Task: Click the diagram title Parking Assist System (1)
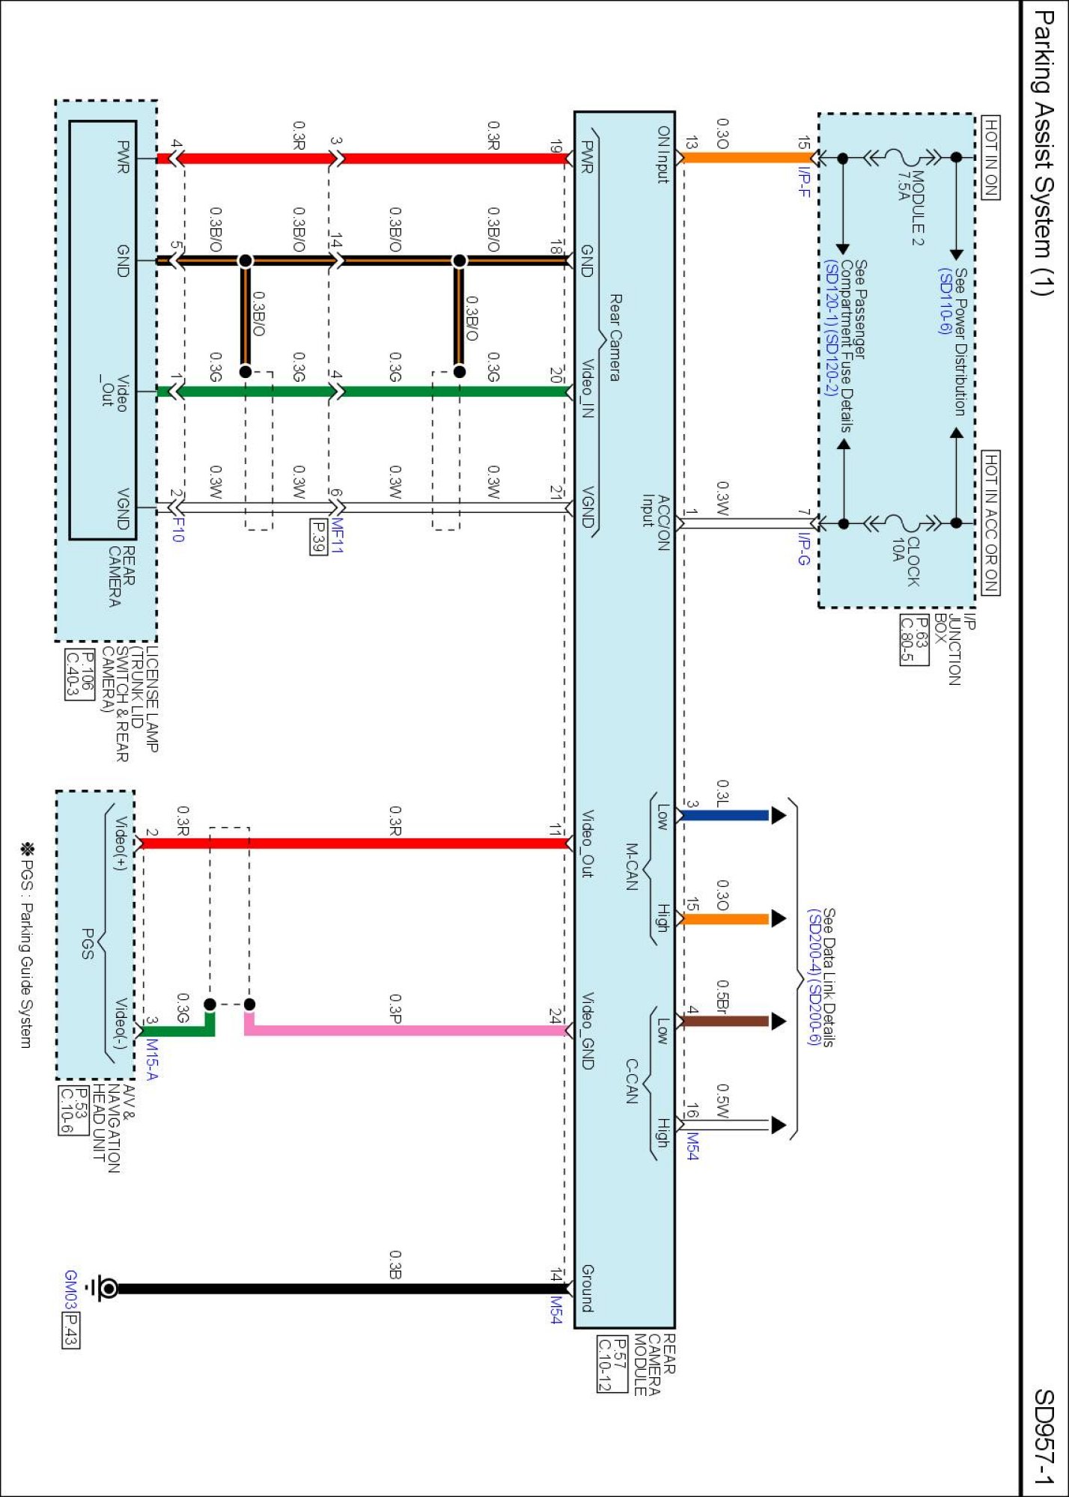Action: pyautogui.click(x=1043, y=153)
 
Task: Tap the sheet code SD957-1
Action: pyautogui.click(x=1043, y=1436)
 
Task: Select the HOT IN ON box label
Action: pyautogui.click(x=990, y=157)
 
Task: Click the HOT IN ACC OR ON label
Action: pyautogui.click(x=990, y=522)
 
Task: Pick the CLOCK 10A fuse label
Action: pyautogui.click(x=905, y=561)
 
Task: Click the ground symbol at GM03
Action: pyautogui.click(x=106, y=1288)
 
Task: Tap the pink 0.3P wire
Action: pyautogui.click(x=404, y=1030)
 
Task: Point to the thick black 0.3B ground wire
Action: pyautogui.click(x=337, y=1288)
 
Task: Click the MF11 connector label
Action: pyautogui.click(x=336, y=535)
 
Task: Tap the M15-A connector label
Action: pyautogui.click(x=152, y=1059)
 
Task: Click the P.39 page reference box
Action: pyautogui.click(x=318, y=537)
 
